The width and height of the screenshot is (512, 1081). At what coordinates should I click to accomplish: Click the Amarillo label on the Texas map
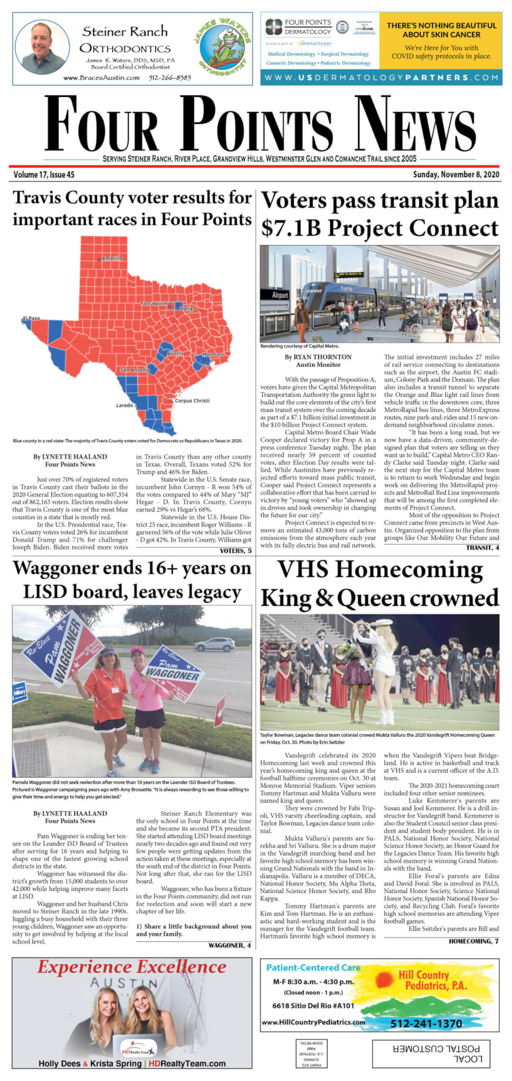tap(112, 258)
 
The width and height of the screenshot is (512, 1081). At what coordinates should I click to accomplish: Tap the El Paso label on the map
tap(31, 318)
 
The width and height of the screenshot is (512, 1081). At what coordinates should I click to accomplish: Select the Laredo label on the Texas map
tap(125, 405)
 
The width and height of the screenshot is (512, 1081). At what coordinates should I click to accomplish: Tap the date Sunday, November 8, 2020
tap(456, 174)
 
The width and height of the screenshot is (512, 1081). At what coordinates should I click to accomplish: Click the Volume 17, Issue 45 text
tap(44, 174)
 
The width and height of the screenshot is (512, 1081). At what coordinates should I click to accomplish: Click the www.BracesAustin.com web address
tap(101, 78)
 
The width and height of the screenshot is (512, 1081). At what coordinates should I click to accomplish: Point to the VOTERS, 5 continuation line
tap(236, 551)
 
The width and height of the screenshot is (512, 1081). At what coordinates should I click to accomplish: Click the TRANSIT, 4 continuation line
tap(482, 548)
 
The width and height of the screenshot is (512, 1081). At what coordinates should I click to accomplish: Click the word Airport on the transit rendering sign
tap(280, 295)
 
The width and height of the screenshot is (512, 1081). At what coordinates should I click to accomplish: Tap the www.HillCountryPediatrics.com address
tap(313, 1022)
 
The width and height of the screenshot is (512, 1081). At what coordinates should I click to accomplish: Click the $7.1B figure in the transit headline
tap(291, 228)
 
